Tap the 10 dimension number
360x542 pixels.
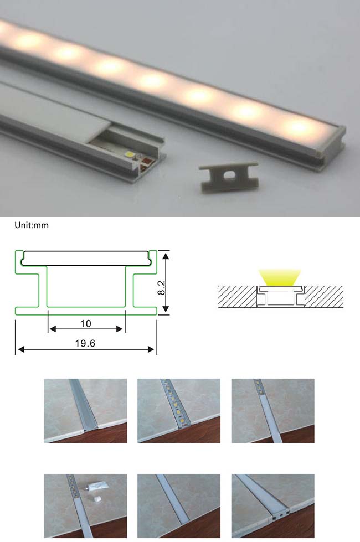(85, 323)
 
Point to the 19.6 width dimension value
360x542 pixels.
(85, 343)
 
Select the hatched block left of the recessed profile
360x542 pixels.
(237, 297)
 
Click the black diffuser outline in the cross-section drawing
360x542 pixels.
(86, 258)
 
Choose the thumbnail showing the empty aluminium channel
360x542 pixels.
(85, 410)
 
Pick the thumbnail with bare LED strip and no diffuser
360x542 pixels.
(178, 410)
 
